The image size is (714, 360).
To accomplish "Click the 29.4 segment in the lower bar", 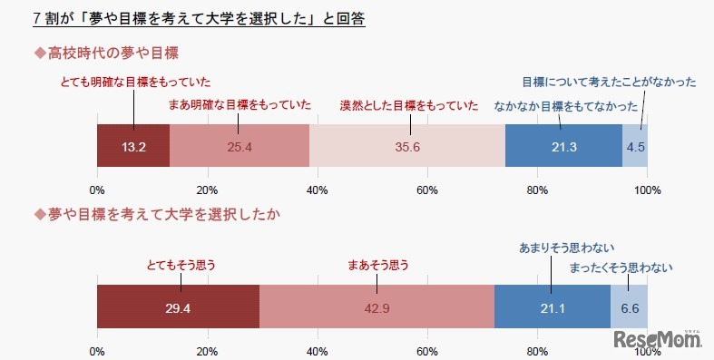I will pyautogui.click(x=178, y=307).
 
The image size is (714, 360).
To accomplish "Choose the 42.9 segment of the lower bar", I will pyautogui.click(x=377, y=307).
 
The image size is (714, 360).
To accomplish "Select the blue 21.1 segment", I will pyautogui.click(x=553, y=307).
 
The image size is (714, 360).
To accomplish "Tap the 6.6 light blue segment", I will pyautogui.click(x=629, y=307).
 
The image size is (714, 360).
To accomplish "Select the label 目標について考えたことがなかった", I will pyautogui.click(x=609, y=83).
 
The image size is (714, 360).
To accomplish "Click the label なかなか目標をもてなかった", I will pyautogui.click(x=566, y=105).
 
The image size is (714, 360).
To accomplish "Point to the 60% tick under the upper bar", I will pyautogui.click(x=427, y=189).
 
